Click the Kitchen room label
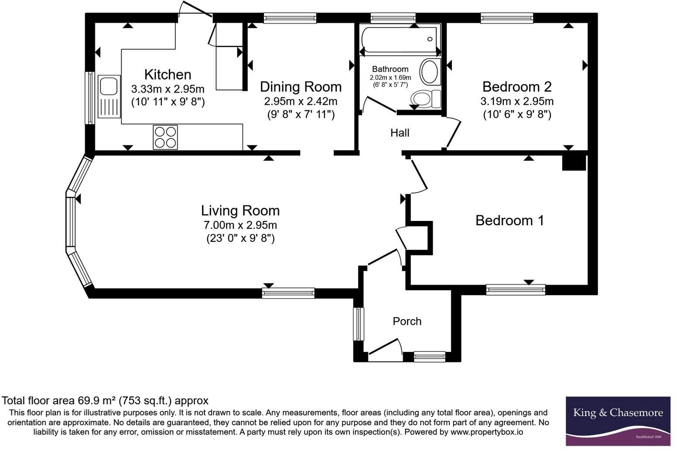[168, 75]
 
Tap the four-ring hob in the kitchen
[165, 138]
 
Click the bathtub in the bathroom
[399, 40]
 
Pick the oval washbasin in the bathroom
[429, 72]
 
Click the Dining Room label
[301, 87]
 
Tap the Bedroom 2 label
[517, 87]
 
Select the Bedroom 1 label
[510, 220]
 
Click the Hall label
[400, 133]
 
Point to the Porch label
[407, 321]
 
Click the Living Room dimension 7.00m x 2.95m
[240, 225]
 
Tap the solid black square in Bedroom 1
[574, 163]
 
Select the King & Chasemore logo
[618, 421]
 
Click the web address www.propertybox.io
[487, 432]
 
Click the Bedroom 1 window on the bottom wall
[516, 290]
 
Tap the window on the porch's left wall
[359, 324]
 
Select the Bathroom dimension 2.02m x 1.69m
[390, 78]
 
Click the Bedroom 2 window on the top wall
[507, 18]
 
